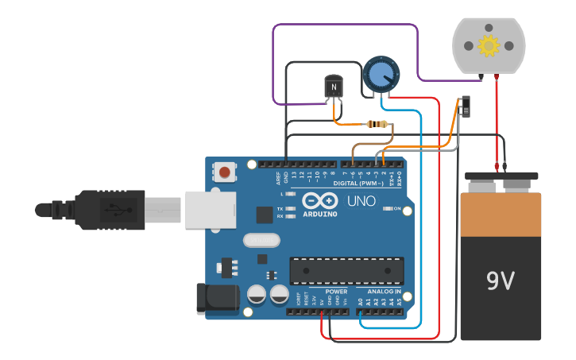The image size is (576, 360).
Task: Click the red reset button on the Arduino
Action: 226,172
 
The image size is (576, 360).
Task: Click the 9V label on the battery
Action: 501,281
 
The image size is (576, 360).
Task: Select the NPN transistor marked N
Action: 334,87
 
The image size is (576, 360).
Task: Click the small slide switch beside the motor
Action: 465,106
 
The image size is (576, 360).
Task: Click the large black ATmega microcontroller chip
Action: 346,270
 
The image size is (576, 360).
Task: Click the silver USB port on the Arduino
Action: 211,209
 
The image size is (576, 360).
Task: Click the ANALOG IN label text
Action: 384,291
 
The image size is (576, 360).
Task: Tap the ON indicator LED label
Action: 397,208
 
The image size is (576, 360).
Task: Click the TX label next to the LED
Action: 280,209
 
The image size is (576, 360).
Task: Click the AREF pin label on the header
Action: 278,178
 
